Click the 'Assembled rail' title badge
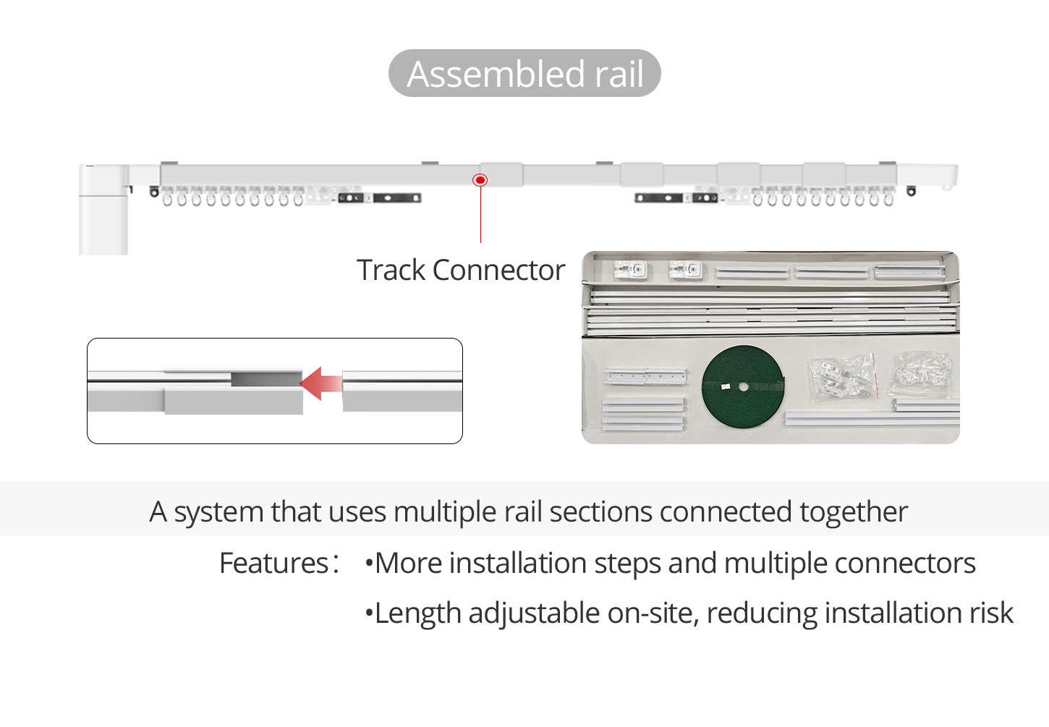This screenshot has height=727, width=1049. coord(524,73)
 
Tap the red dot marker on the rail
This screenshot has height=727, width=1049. coord(480,179)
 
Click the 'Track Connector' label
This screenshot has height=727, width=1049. coord(460,270)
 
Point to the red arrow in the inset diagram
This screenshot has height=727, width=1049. coord(320,383)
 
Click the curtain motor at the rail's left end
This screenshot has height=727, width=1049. coord(103,210)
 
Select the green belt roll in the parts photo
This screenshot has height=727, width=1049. coord(743,387)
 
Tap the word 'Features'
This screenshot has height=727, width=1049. coord(273,563)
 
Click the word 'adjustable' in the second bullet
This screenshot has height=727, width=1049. coord(534,613)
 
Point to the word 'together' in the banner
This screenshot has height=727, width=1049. coord(853,511)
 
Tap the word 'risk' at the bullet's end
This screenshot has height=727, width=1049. coord(991,613)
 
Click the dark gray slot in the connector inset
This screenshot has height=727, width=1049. coord(266,378)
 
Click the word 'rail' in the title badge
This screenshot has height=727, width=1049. coord(619,73)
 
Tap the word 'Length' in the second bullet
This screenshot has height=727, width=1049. coord(417,613)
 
